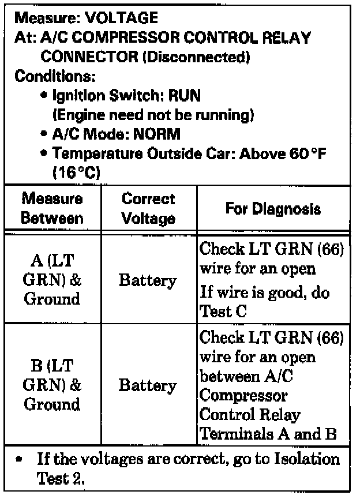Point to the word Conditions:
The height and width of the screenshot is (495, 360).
point(54,76)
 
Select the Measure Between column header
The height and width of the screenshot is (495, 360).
point(52,208)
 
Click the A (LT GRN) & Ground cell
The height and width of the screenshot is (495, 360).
point(52,280)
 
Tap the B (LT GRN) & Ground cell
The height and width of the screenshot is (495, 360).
point(52,385)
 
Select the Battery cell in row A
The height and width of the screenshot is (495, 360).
point(148,281)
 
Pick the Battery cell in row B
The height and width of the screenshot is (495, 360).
point(148,385)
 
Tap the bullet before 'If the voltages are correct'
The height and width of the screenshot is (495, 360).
point(20,460)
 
